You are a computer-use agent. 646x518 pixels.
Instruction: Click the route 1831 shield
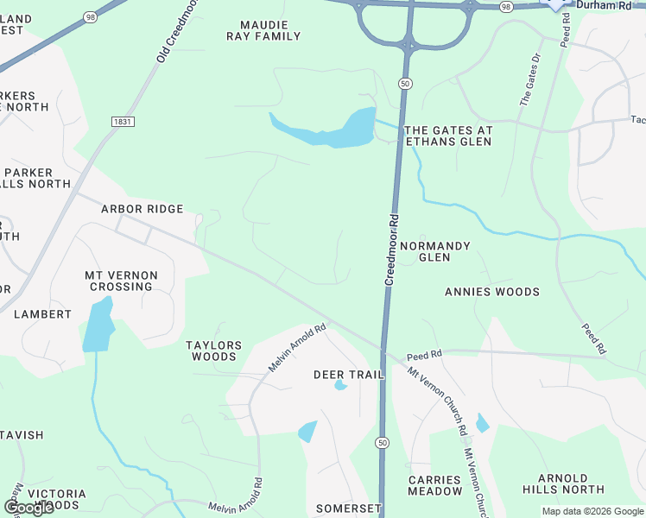click(x=123, y=122)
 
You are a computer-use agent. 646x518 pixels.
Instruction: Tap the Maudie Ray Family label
click(x=263, y=30)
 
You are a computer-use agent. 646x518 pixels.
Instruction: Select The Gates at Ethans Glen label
click(x=448, y=136)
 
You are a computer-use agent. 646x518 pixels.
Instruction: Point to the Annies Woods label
click(x=491, y=292)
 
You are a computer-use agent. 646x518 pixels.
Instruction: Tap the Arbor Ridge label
click(x=142, y=209)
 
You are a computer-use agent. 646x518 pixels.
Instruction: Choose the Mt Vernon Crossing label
click(x=121, y=281)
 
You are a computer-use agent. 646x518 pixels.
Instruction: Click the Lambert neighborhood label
click(x=42, y=314)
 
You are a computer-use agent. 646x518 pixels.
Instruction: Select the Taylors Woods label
click(x=214, y=351)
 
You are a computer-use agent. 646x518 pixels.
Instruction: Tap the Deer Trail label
click(x=347, y=375)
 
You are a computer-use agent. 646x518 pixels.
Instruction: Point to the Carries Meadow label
click(x=435, y=485)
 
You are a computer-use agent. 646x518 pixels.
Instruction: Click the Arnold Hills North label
click(x=563, y=483)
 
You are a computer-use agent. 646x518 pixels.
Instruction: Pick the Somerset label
click(x=348, y=509)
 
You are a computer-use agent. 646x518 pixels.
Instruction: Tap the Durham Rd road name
click(x=605, y=5)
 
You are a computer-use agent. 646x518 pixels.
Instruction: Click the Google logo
click(x=28, y=508)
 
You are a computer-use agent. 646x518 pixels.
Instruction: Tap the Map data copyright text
click(x=592, y=511)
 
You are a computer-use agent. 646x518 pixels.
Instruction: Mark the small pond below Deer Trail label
click(x=307, y=431)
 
